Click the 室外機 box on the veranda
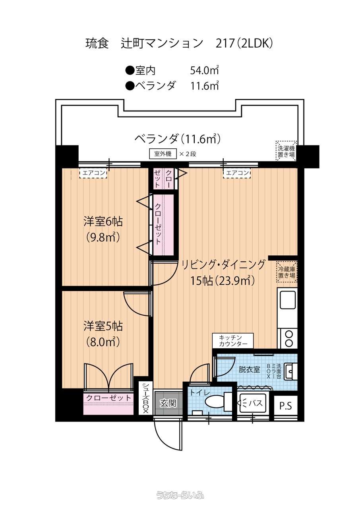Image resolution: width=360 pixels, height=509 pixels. click(163, 154)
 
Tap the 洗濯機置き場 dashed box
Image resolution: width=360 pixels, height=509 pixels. click(286, 151)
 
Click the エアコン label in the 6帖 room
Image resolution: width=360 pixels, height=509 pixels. click(93, 173)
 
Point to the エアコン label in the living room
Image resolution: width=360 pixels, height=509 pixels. click(237, 173)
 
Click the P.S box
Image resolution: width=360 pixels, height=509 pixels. click(286, 406)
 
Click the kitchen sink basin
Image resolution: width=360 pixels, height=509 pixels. click(288, 300)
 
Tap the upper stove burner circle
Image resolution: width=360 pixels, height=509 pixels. click(289, 334)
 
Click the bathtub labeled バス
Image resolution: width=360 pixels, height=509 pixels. click(253, 404)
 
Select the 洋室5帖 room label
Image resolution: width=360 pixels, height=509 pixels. click(103, 326)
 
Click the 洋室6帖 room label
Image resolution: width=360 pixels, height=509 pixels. click(103, 221)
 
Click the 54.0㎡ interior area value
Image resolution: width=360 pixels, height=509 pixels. click(204, 71)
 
